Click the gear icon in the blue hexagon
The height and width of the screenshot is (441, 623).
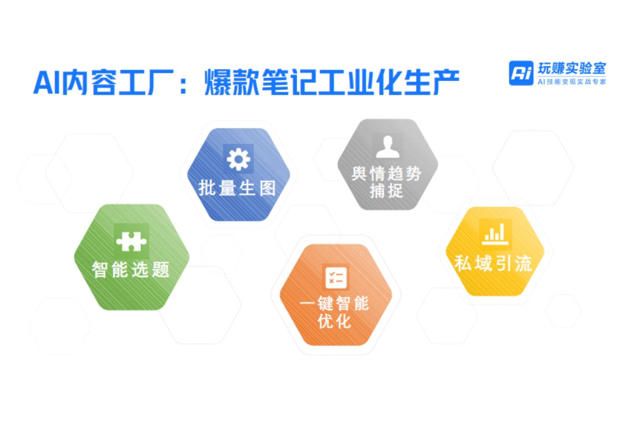coord(238,159)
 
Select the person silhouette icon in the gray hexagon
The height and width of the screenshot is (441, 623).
coord(387,147)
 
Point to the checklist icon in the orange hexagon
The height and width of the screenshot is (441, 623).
coord(336,276)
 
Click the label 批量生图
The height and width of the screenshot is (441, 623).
coord(237,188)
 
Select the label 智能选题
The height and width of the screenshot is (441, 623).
coord(131,270)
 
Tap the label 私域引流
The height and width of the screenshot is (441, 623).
coord(493,263)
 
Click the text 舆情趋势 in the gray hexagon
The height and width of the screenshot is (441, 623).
coord(387,174)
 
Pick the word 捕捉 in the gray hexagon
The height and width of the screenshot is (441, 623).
coord(387,191)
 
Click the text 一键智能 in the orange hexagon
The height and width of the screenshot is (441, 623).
coord(335,304)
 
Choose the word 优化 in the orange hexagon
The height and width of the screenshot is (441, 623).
coord(335,322)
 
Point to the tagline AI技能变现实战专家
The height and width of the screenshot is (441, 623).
coord(571,82)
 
